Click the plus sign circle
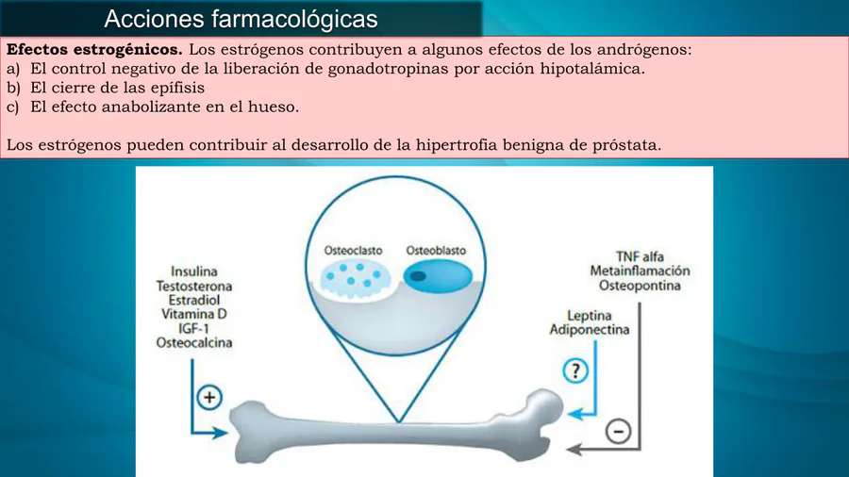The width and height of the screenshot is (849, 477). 209,398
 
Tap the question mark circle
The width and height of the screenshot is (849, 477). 575,371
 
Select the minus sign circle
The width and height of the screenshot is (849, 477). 618,431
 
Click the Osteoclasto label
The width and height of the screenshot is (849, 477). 353,251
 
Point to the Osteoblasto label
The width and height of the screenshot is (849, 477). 436,251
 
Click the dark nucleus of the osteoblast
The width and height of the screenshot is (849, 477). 418,276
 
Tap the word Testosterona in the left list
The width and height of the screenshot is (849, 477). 194,286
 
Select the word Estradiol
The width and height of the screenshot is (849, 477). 193,300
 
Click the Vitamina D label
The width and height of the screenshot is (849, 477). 193,314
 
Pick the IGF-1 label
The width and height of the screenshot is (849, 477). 193,328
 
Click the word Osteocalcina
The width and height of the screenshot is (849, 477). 194,342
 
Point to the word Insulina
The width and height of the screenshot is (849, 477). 193,271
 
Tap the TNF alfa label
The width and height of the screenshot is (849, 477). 640,257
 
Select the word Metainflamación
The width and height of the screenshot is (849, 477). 640,271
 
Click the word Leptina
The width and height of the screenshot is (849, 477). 589,315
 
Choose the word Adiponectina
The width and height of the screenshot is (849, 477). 590,329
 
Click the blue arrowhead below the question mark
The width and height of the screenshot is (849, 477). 575,415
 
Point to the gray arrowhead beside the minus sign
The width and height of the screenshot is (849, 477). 574,449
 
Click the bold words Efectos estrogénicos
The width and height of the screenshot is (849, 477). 94,50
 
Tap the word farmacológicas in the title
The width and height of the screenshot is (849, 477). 294,19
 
